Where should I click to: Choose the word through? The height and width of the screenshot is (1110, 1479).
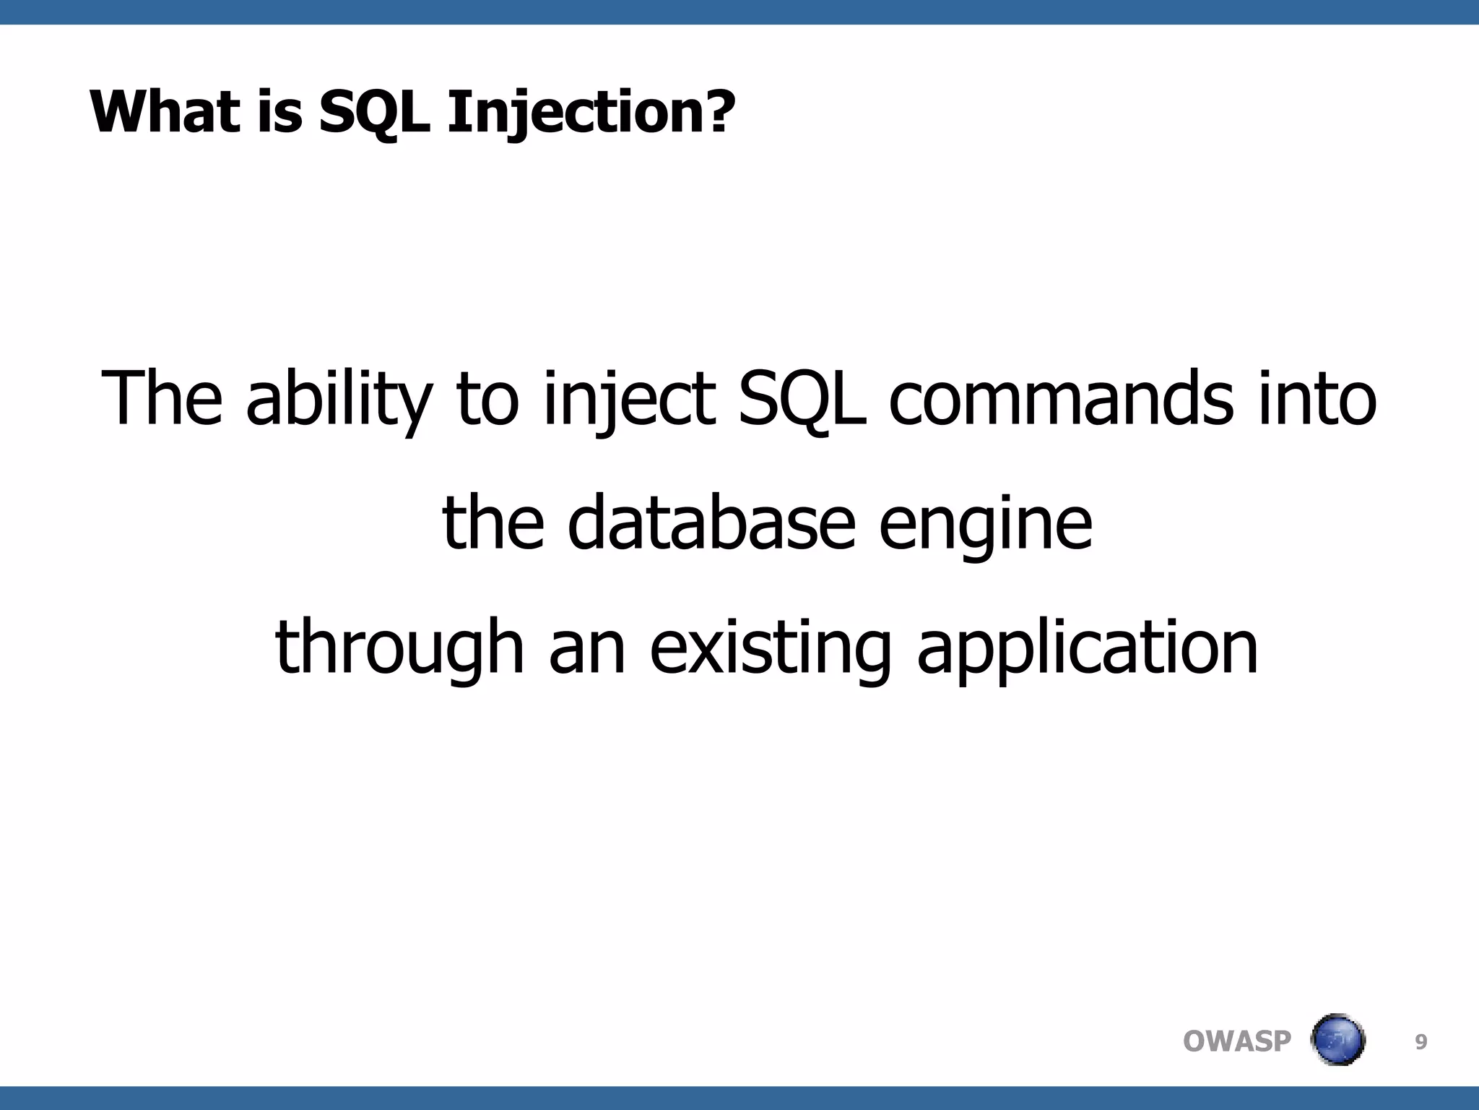[x=399, y=646]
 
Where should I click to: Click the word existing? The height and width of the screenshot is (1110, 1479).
[x=770, y=646]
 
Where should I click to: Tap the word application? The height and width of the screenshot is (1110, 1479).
[x=1088, y=646]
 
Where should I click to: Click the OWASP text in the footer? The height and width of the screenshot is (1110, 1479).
[x=1237, y=1041]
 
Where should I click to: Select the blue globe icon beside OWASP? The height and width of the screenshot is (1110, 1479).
[x=1337, y=1040]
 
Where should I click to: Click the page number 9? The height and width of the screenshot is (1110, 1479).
[x=1421, y=1042]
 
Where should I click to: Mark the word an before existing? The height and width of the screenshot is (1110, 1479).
[x=586, y=646]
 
